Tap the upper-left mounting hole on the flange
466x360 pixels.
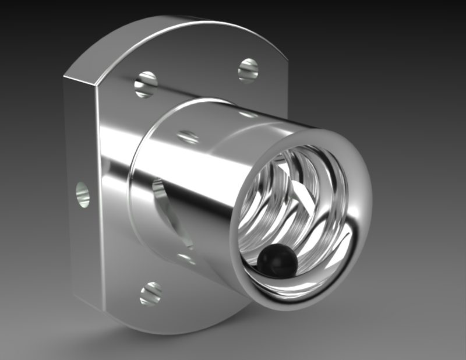pyautogui.click(x=146, y=84)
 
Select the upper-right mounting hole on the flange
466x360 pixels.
pyautogui.click(x=248, y=70)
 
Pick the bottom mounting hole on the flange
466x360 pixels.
pyautogui.click(x=150, y=292)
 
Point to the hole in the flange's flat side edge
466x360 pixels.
pyautogui.click(x=83, y=194)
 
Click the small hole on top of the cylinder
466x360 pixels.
pyautogui.click(x=188, y=137)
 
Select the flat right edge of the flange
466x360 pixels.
pyautogui.click(x=285, y=87)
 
